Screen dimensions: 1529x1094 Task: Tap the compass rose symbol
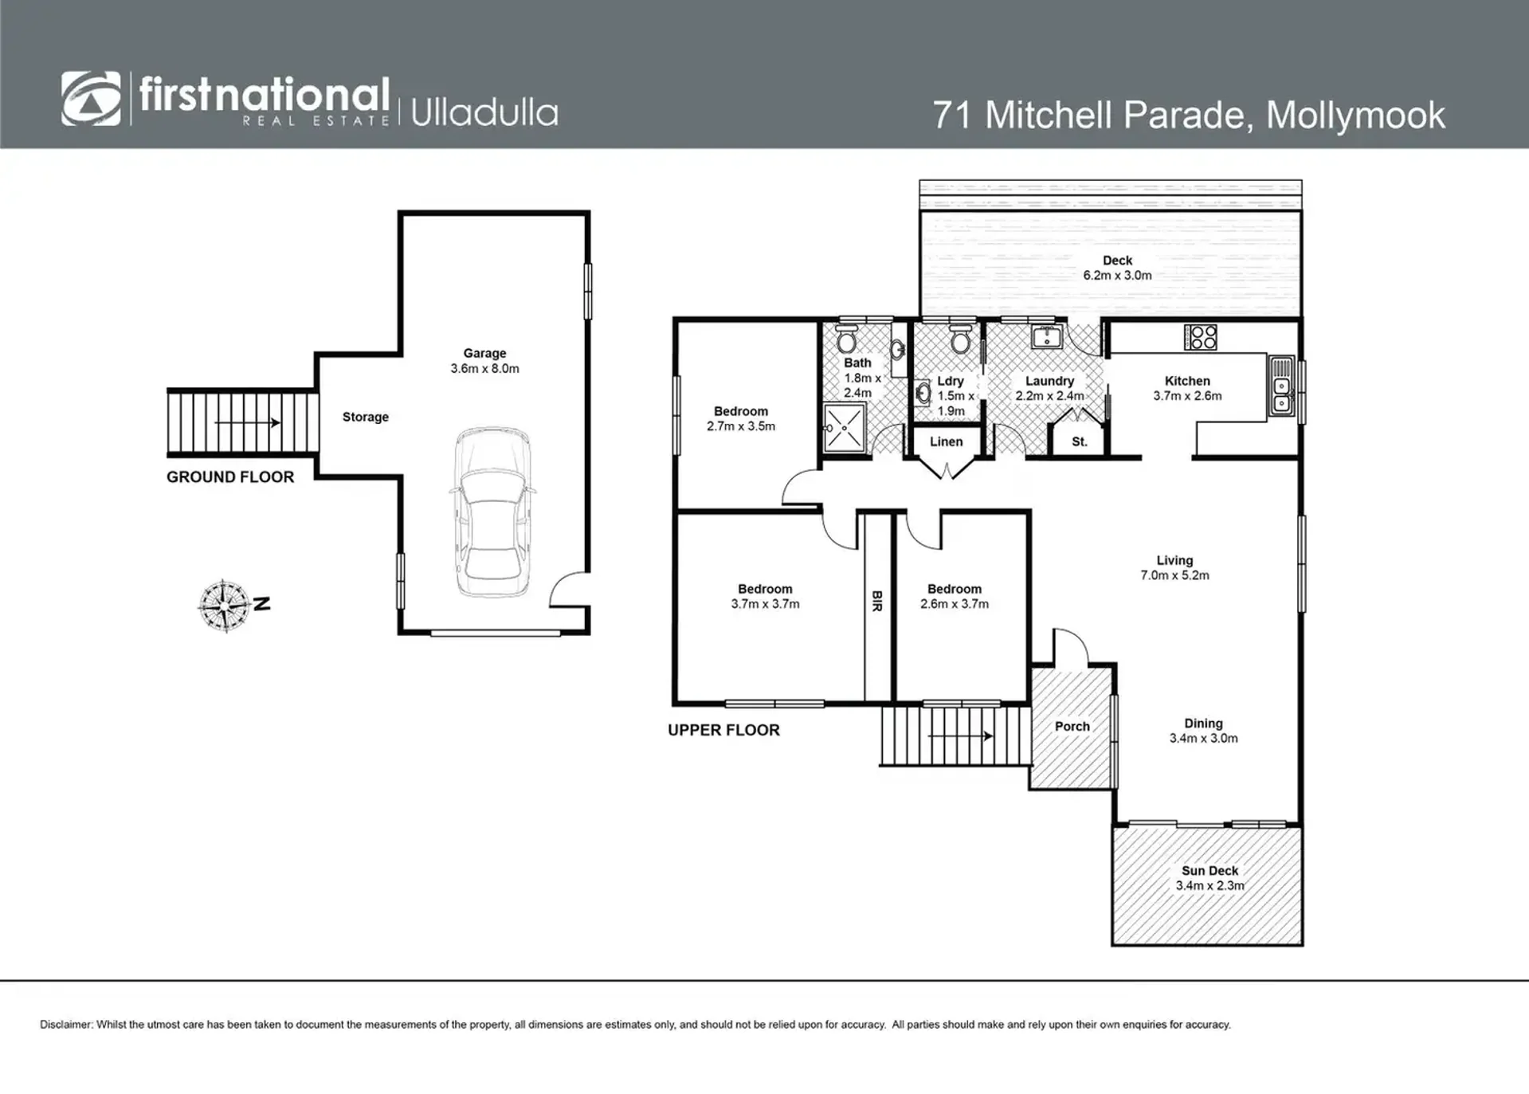point(225,606)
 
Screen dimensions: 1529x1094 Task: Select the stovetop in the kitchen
point(1200,337)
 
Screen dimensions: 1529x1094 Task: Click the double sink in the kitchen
point(1282,387)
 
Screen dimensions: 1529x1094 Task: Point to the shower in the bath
point(844,428)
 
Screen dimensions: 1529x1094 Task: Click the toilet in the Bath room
point(845,340)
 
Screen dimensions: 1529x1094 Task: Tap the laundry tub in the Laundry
point(1046,337)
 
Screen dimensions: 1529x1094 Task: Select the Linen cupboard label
point(946,441)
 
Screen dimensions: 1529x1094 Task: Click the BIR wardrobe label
point(877,601)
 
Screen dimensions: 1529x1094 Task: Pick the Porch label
point(1072,727)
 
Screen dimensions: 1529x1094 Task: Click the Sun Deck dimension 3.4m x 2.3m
point(1209,885)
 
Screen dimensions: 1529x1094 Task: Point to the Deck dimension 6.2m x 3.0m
point(1117,276)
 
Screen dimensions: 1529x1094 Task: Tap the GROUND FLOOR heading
point(230,477)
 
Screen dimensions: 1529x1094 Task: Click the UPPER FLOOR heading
point(723,730)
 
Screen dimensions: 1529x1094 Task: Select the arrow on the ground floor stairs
point(247,422)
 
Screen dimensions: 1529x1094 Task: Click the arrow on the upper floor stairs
point(960,736)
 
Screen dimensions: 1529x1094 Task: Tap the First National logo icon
point(91,99)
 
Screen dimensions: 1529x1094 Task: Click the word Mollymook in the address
point(1355,115)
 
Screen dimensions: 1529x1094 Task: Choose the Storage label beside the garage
point(366,417)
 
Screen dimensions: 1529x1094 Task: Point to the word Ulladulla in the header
point(484,112)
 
